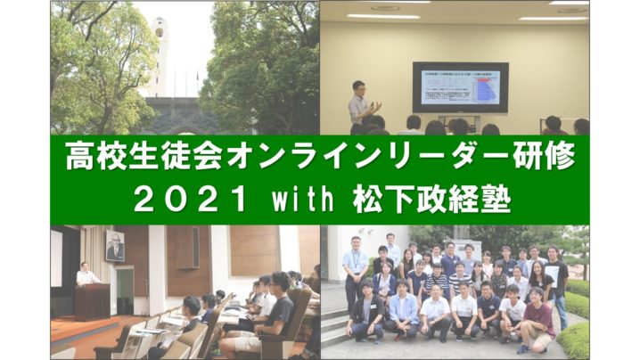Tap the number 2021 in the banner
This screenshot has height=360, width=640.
(x=190, y=200)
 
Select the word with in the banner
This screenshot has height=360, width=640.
(x=303, y=199)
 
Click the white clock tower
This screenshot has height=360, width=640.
(x=159, y=57)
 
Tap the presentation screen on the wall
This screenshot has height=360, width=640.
(x=461, y=87)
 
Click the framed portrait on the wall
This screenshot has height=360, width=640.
(x=115, y=245)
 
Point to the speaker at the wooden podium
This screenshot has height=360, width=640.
(x=87, y=274)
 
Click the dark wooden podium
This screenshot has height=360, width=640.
(x=92, y=301)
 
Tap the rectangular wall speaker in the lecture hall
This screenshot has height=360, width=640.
(x=189, y=248)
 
